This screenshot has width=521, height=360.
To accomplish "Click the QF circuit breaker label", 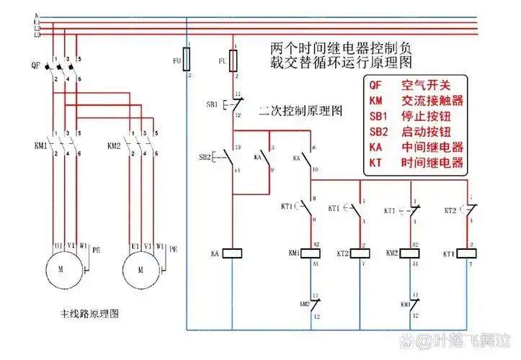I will [35, 66].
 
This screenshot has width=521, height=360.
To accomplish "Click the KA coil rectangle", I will [233, 253].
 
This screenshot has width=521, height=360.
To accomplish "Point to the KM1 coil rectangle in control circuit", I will [313, 253].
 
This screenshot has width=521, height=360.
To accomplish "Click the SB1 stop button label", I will [212, 104].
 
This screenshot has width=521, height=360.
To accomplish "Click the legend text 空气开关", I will [425, 86].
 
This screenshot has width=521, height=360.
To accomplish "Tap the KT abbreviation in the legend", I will [376, 163].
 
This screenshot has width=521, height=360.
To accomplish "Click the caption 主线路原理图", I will [89, 314].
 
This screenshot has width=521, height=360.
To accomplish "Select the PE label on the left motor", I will [96, 248].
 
